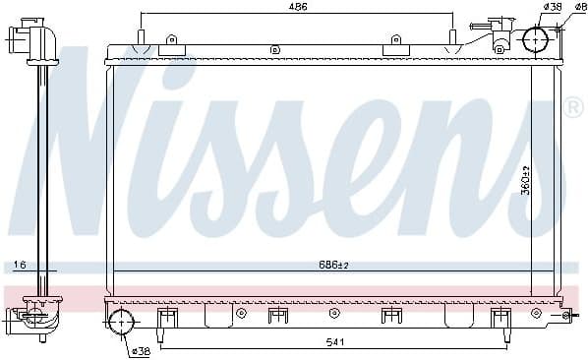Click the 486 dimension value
(x=298, y=7)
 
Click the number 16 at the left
(x=20, y=265)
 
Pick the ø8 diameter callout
(x=580, y=7)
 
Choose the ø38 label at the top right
(x=552, y=7)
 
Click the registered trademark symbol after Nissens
(x=573, y=106)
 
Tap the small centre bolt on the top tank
(x=275, y=49)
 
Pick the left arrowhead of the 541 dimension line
(x=163, y=347)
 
